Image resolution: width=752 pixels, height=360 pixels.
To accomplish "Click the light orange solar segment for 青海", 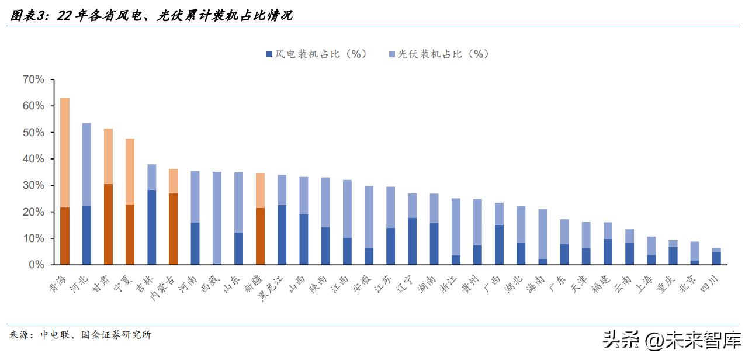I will (65, 153).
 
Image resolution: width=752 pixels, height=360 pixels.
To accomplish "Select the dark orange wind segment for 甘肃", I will (108, 224).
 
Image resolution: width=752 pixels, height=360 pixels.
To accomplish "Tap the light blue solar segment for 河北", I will (86, 164).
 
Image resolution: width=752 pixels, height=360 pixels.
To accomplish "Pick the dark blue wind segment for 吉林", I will (151, 227).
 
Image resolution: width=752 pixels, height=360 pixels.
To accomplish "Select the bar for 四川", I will (716, 257).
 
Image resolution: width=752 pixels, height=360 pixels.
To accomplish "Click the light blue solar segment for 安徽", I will (369, 217).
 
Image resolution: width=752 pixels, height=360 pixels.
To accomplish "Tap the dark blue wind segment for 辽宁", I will (412, 241).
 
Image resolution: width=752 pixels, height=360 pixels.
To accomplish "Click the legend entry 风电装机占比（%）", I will (316, 54).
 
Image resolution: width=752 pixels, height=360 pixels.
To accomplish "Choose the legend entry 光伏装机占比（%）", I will (438, 54).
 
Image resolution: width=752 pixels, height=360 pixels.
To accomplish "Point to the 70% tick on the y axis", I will (33, 79).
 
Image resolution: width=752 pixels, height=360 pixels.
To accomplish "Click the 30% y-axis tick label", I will (33, 185).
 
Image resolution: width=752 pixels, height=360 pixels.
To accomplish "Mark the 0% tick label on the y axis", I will (36, 265).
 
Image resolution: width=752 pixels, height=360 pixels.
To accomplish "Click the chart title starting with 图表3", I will (151, 16).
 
